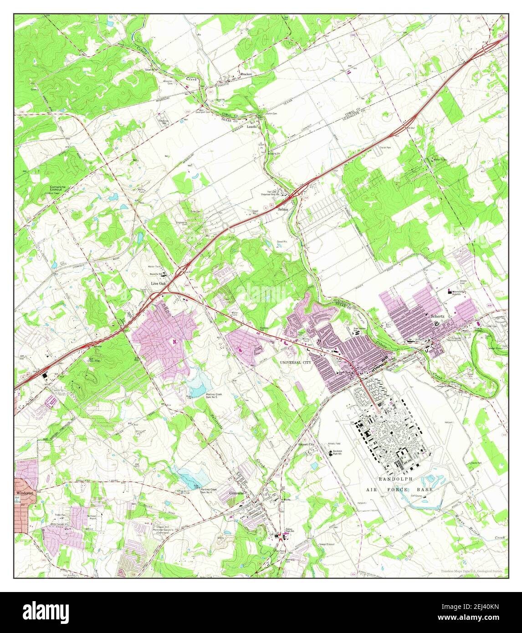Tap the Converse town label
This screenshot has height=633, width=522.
(x=237, y=493)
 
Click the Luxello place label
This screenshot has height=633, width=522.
(x=252, y=127)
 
